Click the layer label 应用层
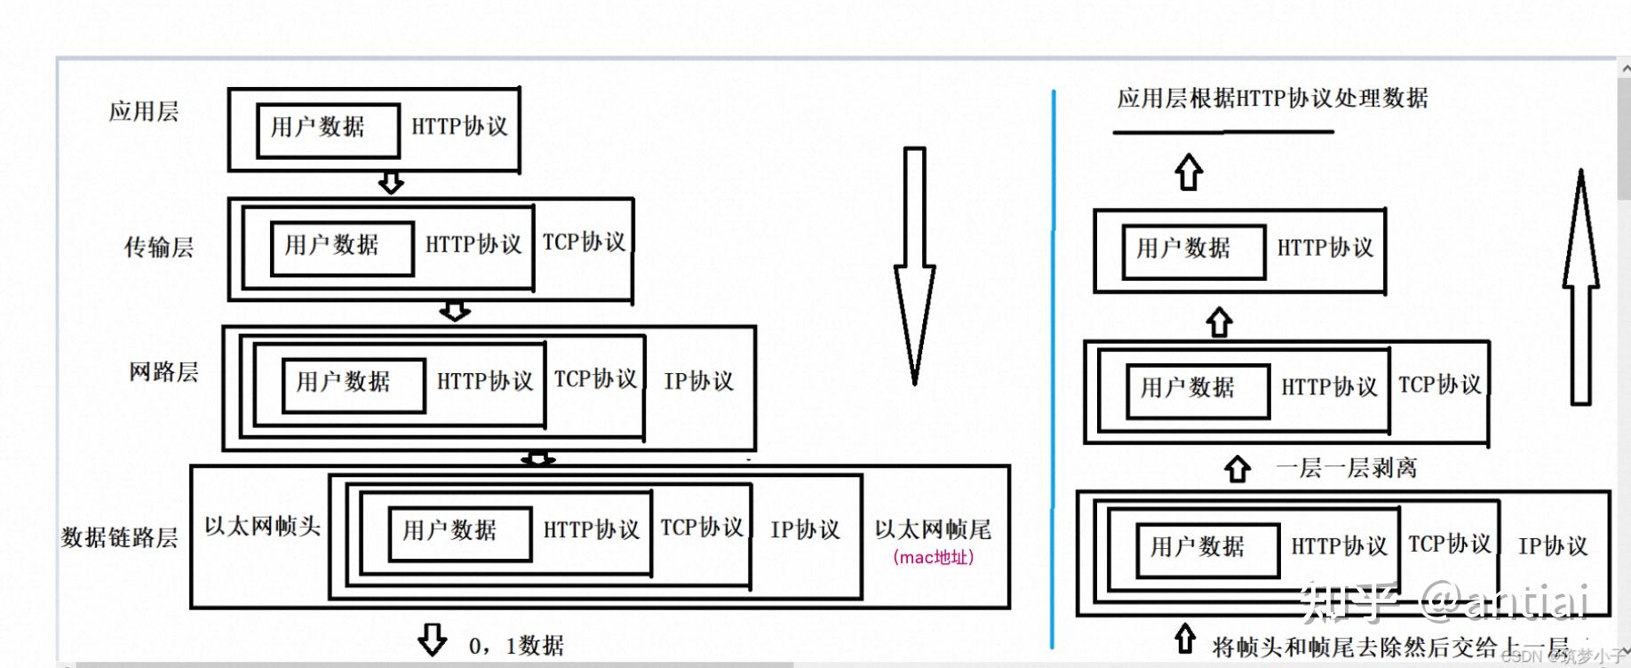[x=144, y=112]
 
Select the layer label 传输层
[x=159, y=247]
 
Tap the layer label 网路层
[x=163, y=371]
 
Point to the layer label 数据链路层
[x=119, y=537]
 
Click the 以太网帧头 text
[x=262, y=526]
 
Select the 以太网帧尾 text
[x=933, y=529]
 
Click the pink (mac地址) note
[x=934, y=558]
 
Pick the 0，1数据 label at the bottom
[x=516, y=646]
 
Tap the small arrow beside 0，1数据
[x=433, y=640]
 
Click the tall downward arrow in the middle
[x=915, y=266]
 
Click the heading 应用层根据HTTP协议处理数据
[x=1272, y=99]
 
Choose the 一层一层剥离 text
[x=1346, y=468]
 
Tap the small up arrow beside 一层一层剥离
[x=1237, y=468]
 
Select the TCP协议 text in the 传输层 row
[x=584, y=243]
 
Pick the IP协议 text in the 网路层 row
[x=699, y=381]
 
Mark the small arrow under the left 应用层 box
[x=391, y=183]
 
